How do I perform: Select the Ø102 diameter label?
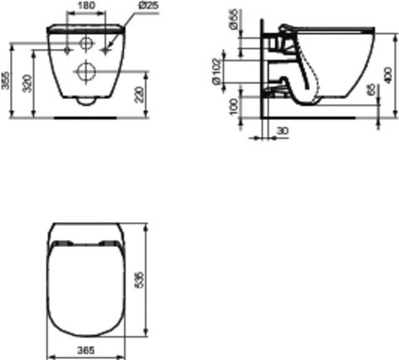click(x=239, y=72)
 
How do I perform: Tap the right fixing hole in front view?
click(x=104, y=49)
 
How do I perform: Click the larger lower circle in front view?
click(x=86, y=72)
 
